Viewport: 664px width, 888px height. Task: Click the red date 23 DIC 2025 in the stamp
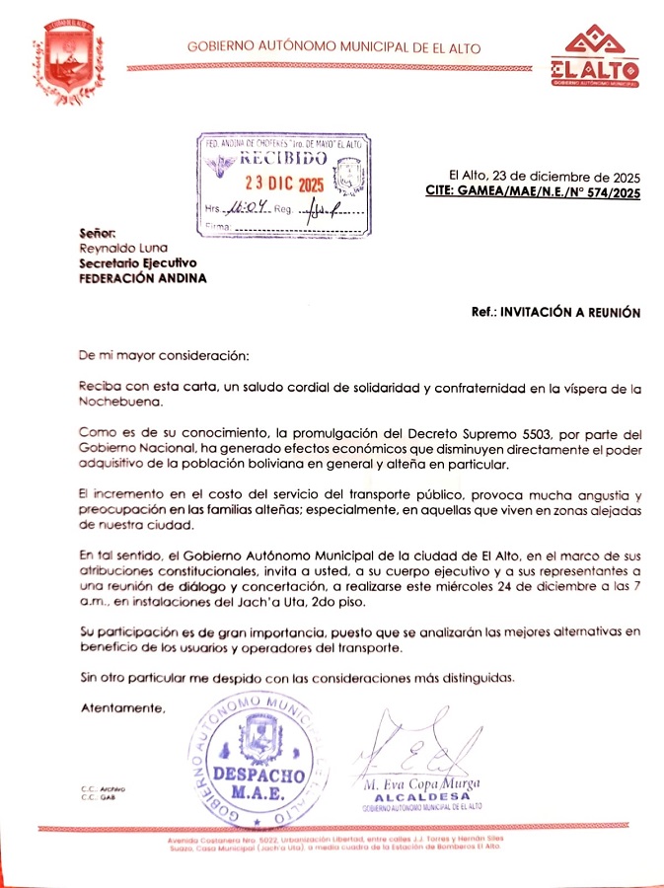point(284,185)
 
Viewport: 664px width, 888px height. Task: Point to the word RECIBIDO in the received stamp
point(283,159)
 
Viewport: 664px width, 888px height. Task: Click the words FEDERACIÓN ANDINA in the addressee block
point(143,278)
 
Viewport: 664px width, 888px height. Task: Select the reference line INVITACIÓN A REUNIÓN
point(569,312)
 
